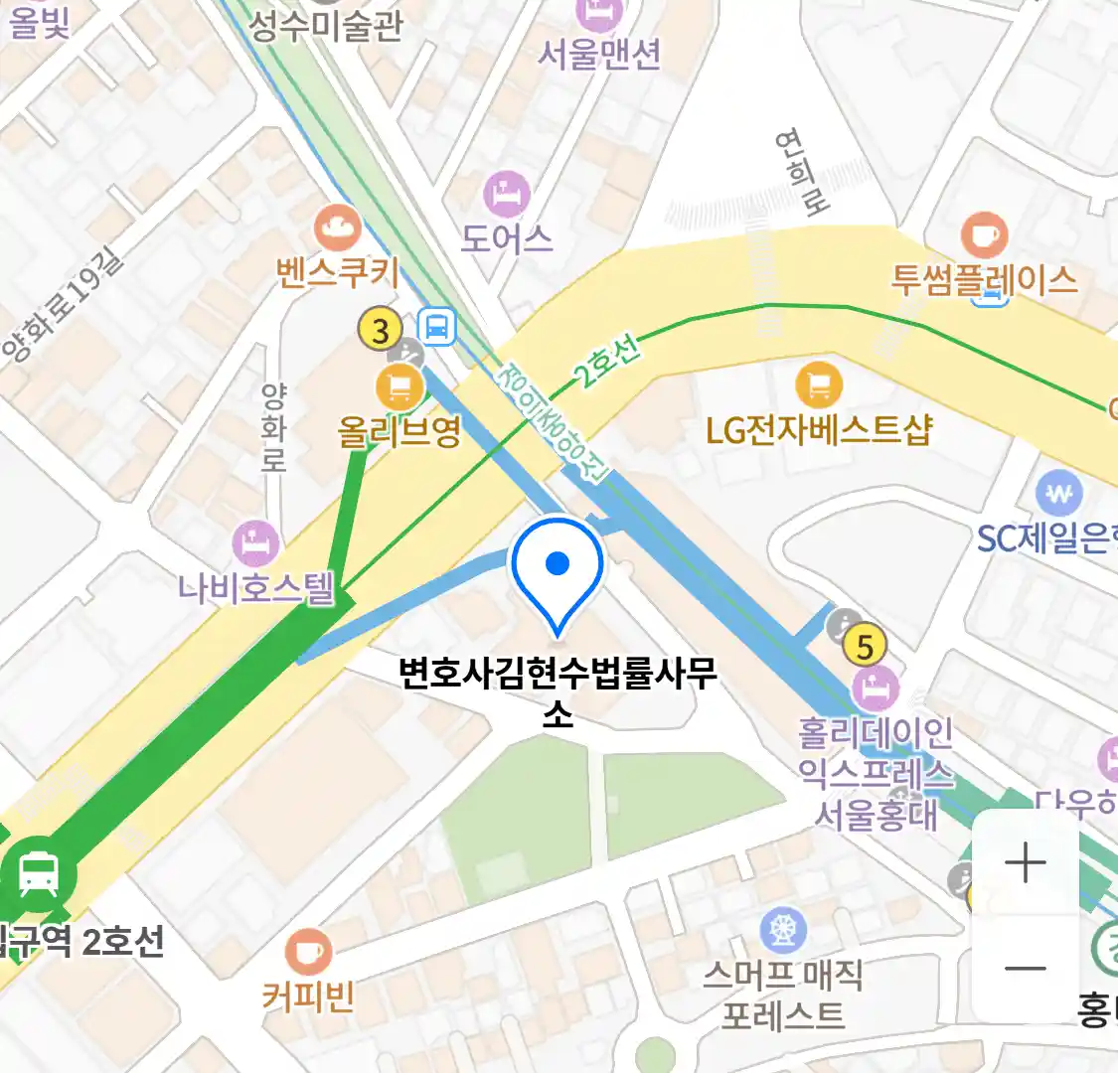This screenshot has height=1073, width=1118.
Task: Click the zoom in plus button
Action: click(x=1026, y=862)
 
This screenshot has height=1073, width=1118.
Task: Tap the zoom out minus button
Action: click(x=1026, y=969)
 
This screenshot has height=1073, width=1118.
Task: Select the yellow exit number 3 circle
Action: click(x=381, y=330)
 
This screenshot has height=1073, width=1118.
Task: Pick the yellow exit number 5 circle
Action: click(x=865, y=647)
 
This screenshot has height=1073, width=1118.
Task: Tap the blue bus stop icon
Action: click(x=437, y=325)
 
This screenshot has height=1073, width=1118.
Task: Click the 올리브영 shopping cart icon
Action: click(x=399, y=385)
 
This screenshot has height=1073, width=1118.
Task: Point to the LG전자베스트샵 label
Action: click(x=819, y=430)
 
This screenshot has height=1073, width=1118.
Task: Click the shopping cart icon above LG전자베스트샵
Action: click(x=819, y=385)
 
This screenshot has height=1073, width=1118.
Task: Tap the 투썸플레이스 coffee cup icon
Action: click(x=984, y=235)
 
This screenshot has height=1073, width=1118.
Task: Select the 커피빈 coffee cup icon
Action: click(x=308, y=952)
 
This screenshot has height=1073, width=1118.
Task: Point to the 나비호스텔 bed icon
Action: click(x=255, y=543)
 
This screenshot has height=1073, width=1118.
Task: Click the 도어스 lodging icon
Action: click(x=507, y=194)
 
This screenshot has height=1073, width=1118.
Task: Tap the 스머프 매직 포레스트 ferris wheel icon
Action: click(x=783, y=931)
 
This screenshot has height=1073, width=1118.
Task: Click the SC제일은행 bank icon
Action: click(x=1059, y=494)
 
